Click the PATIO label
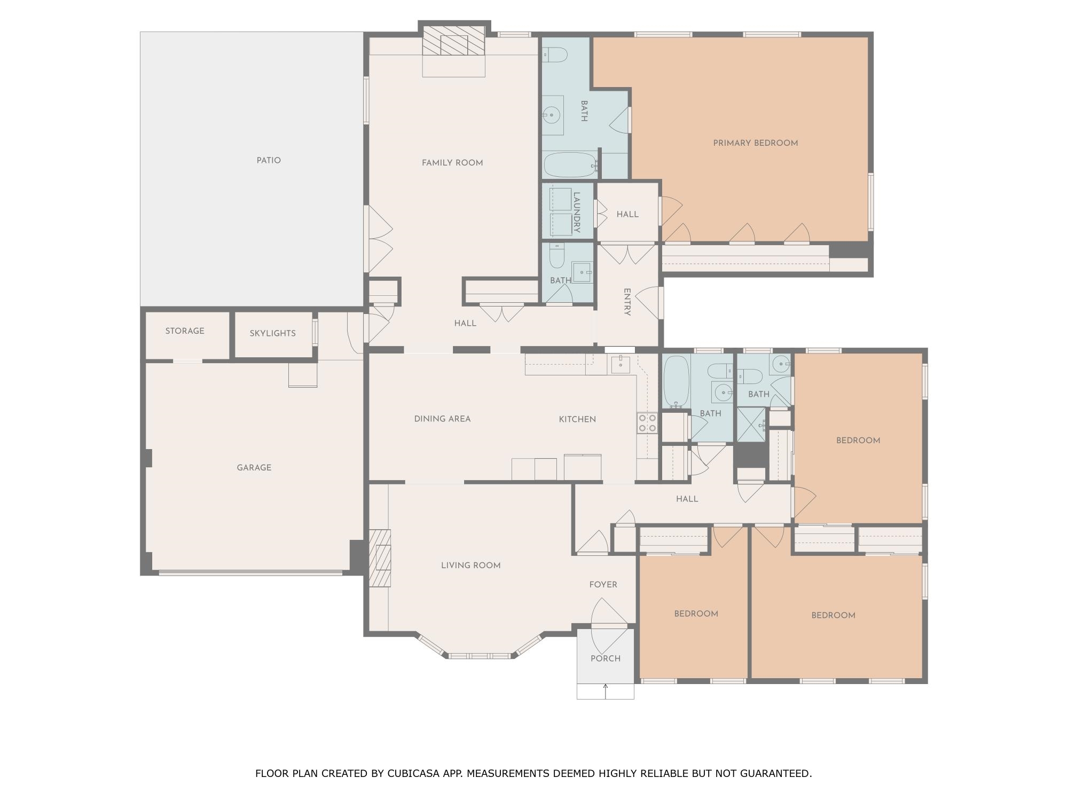[x=269, y=160]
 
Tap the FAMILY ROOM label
[x=452, y=163]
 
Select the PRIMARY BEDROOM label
[x=756, y=143]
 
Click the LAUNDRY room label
[x=577, y=212]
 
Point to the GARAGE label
[x=254, y=468]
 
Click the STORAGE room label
[x=185, y=331]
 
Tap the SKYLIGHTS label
[x=272, y=333]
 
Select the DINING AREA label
[x=443, y=419]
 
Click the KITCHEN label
[x=577, y=419]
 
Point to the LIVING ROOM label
[x=471, y=566]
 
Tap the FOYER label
[x=603, y=585]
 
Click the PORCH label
[x=606, y=658]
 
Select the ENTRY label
[x=627, y=302]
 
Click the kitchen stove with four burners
[x=647, y=423]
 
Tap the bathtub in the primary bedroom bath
[x=569, y=165]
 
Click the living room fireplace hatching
[x=380, y=558]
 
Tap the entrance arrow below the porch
[x=606, y=691]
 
